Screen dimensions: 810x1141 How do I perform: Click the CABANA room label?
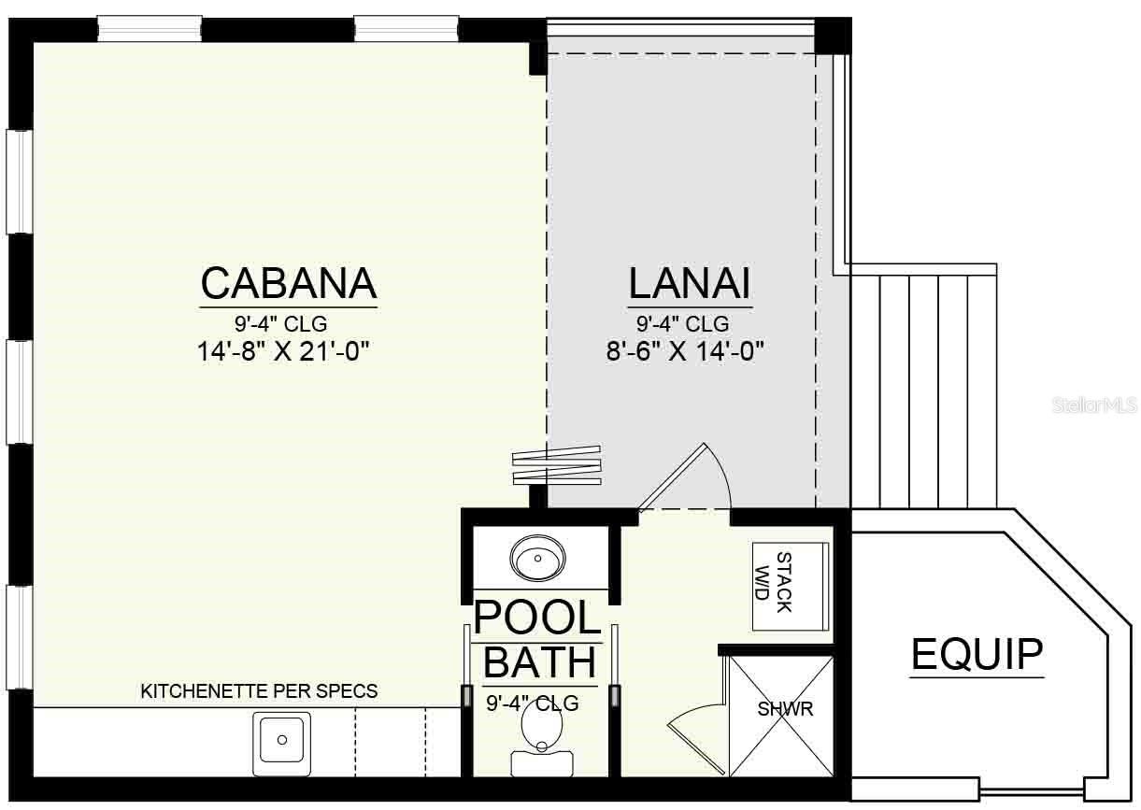[x=288, y=281]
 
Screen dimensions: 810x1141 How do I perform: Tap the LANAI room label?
[x=690, y=282]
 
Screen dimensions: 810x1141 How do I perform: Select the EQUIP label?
[x=977, y=654]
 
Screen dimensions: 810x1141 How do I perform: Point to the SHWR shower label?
[x=785, y=709]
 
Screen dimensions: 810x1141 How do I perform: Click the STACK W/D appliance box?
[x=791, y=583]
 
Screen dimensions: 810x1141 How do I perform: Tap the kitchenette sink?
[x=281, y=743]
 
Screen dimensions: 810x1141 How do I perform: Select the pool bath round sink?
[x=537, y=560]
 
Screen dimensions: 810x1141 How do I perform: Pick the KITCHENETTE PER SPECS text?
[x=259, y=691]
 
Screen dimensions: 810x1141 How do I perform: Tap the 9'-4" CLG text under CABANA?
[x=280, y=324]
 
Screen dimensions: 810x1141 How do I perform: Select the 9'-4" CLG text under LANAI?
[x=682, y=324]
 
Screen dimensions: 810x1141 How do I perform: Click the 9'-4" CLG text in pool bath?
[x=532, y=703]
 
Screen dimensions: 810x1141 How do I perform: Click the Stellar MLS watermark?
[x=1094, y=405]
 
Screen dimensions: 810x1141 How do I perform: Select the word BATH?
[x=540, y=662]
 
